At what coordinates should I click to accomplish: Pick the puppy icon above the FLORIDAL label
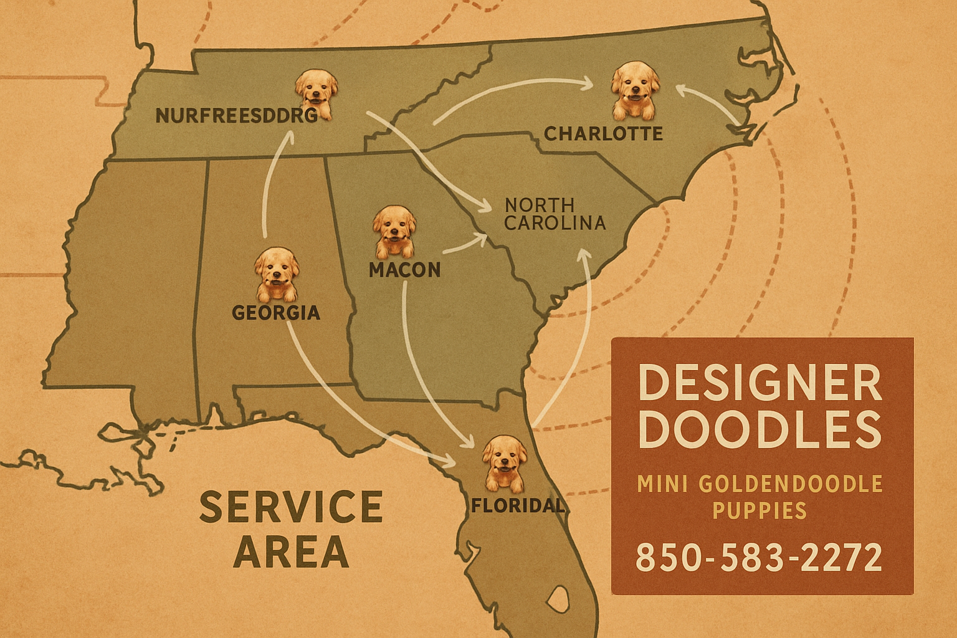tap(504, 464)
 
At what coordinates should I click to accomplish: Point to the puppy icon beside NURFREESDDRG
tap(316, 94)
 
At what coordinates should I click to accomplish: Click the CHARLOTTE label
tap(603, 133)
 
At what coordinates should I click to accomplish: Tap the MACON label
tap(404, 270)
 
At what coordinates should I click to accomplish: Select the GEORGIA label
tap(276, 312)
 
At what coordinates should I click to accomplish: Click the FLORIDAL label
tap(517, 505)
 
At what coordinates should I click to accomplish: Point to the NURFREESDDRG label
tap(236, 116)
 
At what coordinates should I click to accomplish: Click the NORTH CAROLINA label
tap(554, 214)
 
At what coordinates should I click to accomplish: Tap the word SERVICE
tap(290, 507)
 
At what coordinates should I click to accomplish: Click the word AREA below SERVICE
tap(290, 551)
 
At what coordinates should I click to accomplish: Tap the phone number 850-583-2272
tap(759, 557)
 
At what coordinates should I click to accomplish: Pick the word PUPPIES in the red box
tap(759, 511)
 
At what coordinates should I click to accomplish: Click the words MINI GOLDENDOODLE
tap(760, 483)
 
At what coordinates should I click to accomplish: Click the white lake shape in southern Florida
tap(558, 600)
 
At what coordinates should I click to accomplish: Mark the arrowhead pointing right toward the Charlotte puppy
tap(586, 83)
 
